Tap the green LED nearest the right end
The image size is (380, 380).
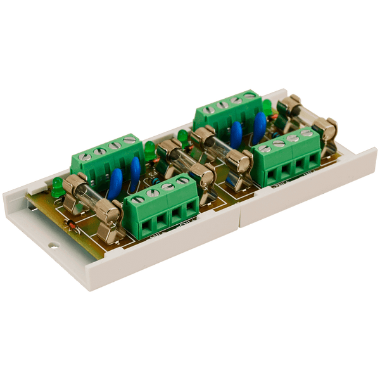[x=267, y=107]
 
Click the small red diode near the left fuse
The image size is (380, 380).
[x=73, y=225]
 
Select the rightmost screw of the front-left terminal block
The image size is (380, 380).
[x=184, y=182]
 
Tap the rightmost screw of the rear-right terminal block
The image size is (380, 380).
[x=249, y=95]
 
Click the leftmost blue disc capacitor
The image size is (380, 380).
[x=115, y=184]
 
